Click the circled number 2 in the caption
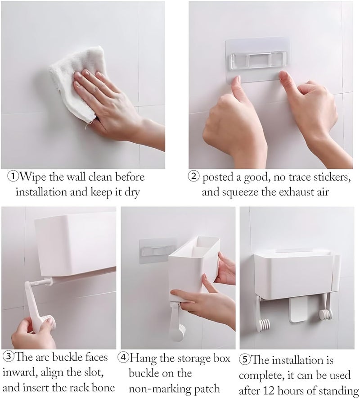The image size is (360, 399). point(194,177)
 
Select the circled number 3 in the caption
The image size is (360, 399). point(8,358)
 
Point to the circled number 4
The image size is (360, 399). point(123,358)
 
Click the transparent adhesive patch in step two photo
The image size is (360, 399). point(258,60)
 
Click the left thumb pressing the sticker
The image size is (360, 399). point(237,83)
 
